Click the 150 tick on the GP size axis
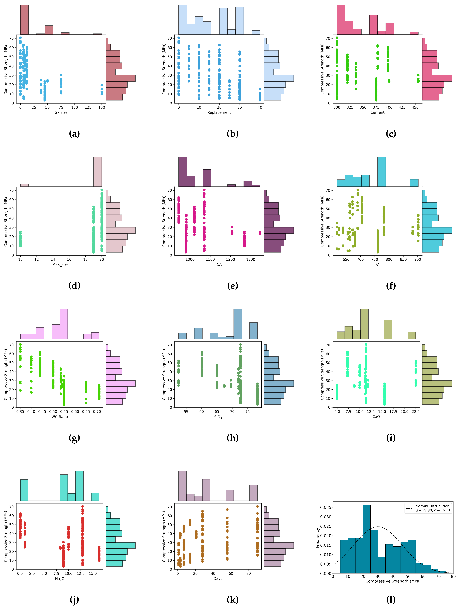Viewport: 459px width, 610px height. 102,108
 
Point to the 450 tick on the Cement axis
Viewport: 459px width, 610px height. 415,108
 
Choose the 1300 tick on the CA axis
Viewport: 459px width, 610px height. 250,260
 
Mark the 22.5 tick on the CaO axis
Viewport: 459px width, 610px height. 415,412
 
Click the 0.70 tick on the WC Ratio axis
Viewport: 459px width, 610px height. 97,412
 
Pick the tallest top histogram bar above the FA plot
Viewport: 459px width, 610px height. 381,172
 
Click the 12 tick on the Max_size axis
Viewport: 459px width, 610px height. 36,260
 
